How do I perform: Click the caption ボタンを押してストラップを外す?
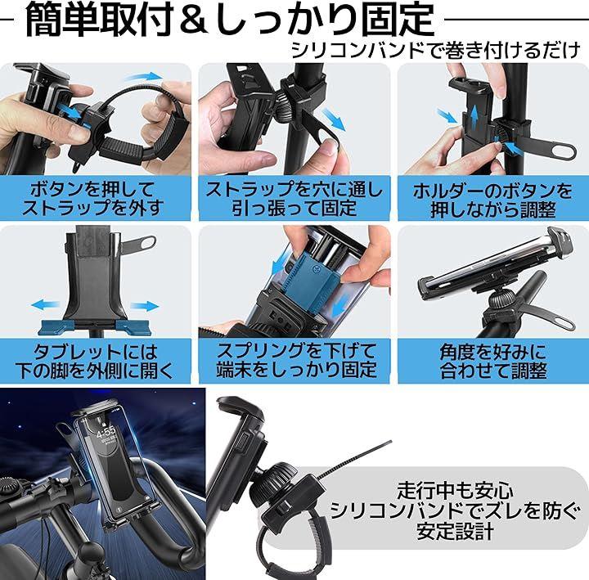pyautogui.click(x=92, y=198)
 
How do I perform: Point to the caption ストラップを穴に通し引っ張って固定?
pyautogui.click(x=294, y=198)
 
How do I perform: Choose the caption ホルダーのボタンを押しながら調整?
pyautogui.click(x=492, y=200)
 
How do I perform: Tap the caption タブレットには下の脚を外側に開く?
pyautogui.click(x=94, y=362)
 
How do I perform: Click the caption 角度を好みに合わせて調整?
pyautogui.click(x=493, y=362)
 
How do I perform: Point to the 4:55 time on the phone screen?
pyautogui.click(x=106, y=432)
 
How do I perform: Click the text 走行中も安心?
pyautogui.click(x=456, y=490)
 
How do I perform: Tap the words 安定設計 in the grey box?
pyautogui.click(x=456, y=531)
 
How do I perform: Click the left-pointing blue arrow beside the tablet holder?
pyautogui.click(x=46, y=304)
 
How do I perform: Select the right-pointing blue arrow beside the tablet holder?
pyautogui.click(x=145, y=306)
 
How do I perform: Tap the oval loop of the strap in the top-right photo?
pyautogui.click(x=559, y=151)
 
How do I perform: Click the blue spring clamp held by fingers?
pyautogui.click(x=313, y=279)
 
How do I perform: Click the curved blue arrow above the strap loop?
pyautogui.click(x=143, y=76)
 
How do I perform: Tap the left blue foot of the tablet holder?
pyautogui.click(x=56, y=326)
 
